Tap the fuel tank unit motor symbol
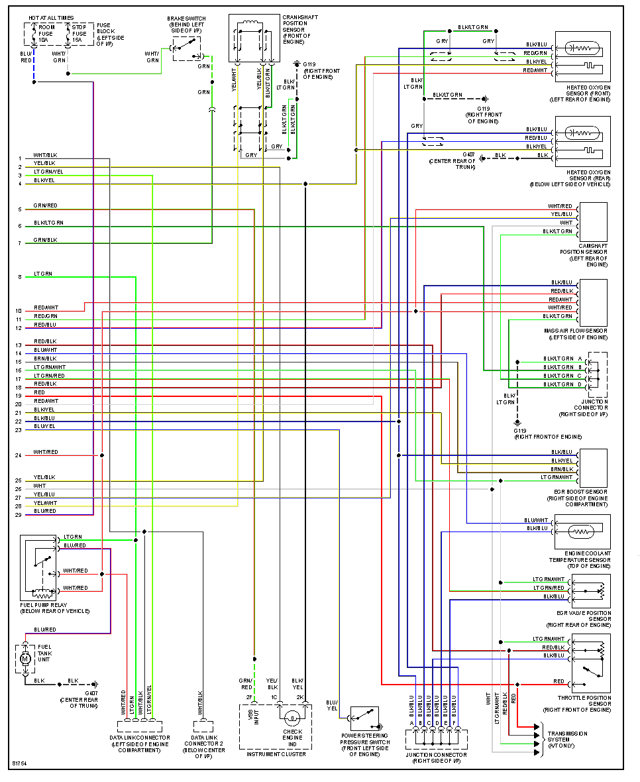click(25, 659)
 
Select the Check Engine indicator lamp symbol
click(292, 717)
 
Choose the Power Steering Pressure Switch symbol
click(365, 718)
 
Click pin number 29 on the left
click(19, 514)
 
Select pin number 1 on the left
click(20, 158)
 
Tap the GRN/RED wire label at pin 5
click(45, 205)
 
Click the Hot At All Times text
click(52, 18)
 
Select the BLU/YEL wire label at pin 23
click(44, 426)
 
